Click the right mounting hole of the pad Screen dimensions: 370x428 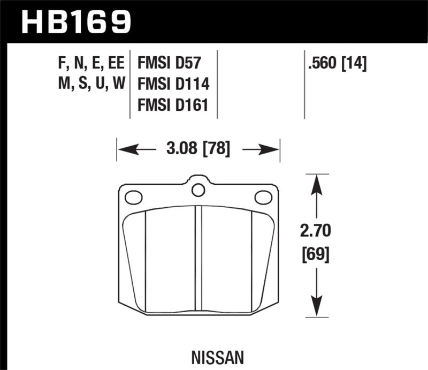point(263,198)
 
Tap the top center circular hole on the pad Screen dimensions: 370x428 point(198,190)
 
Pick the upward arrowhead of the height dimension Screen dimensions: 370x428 point(317,182)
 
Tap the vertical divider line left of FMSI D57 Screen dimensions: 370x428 point(131,86)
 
